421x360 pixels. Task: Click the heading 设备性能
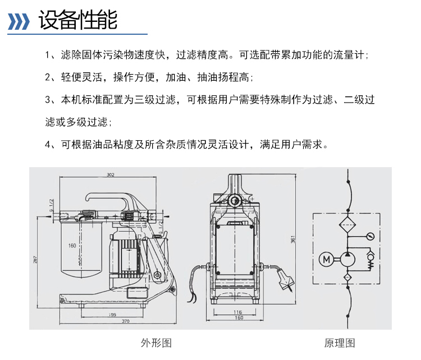click(x=77, y=21)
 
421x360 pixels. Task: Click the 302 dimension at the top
click(x=111, y=175)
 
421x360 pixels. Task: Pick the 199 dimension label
click(x=113, y=314)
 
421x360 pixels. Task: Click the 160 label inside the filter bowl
click(x=72, y=246)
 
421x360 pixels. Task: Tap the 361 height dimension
click(x=292, y=239)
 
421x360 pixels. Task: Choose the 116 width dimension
click(x=237, y=312)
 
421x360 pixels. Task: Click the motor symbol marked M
click(x=326, y=259)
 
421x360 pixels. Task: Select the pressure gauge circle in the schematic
click(x=369, y=236)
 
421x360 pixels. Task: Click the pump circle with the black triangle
click(x=347, y=259)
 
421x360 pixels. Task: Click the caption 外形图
click(x=156, y=343)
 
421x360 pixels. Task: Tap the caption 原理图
click(x=340, y=343)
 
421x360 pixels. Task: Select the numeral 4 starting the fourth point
click(x=48, y=144)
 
